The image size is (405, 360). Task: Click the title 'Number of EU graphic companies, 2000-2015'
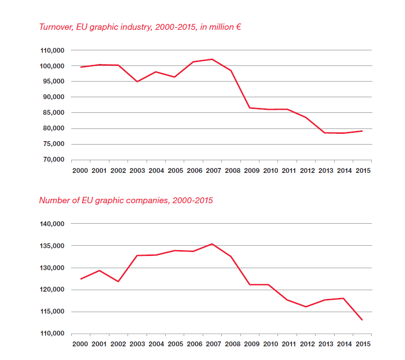click(126, 200)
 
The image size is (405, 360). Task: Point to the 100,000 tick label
click(52, 66)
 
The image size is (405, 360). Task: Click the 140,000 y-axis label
click(52, 224)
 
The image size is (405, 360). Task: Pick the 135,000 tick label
click(52, 246)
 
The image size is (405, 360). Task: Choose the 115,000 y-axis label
click(52, 312)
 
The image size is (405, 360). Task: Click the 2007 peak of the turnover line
click(212, 59)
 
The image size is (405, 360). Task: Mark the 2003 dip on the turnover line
click(137, 82)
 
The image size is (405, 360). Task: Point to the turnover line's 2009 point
click(250, 107)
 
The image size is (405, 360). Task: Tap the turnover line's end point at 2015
click(362, 131)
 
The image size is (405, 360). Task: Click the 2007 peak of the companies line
click(212, 244)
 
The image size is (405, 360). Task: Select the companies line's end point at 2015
click(362, 320)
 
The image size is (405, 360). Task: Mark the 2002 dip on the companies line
click(118, 281)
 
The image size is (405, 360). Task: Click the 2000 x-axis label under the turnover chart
click(80, 170)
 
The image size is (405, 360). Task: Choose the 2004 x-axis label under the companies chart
click(156, 344)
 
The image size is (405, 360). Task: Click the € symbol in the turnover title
click(238, 27)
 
